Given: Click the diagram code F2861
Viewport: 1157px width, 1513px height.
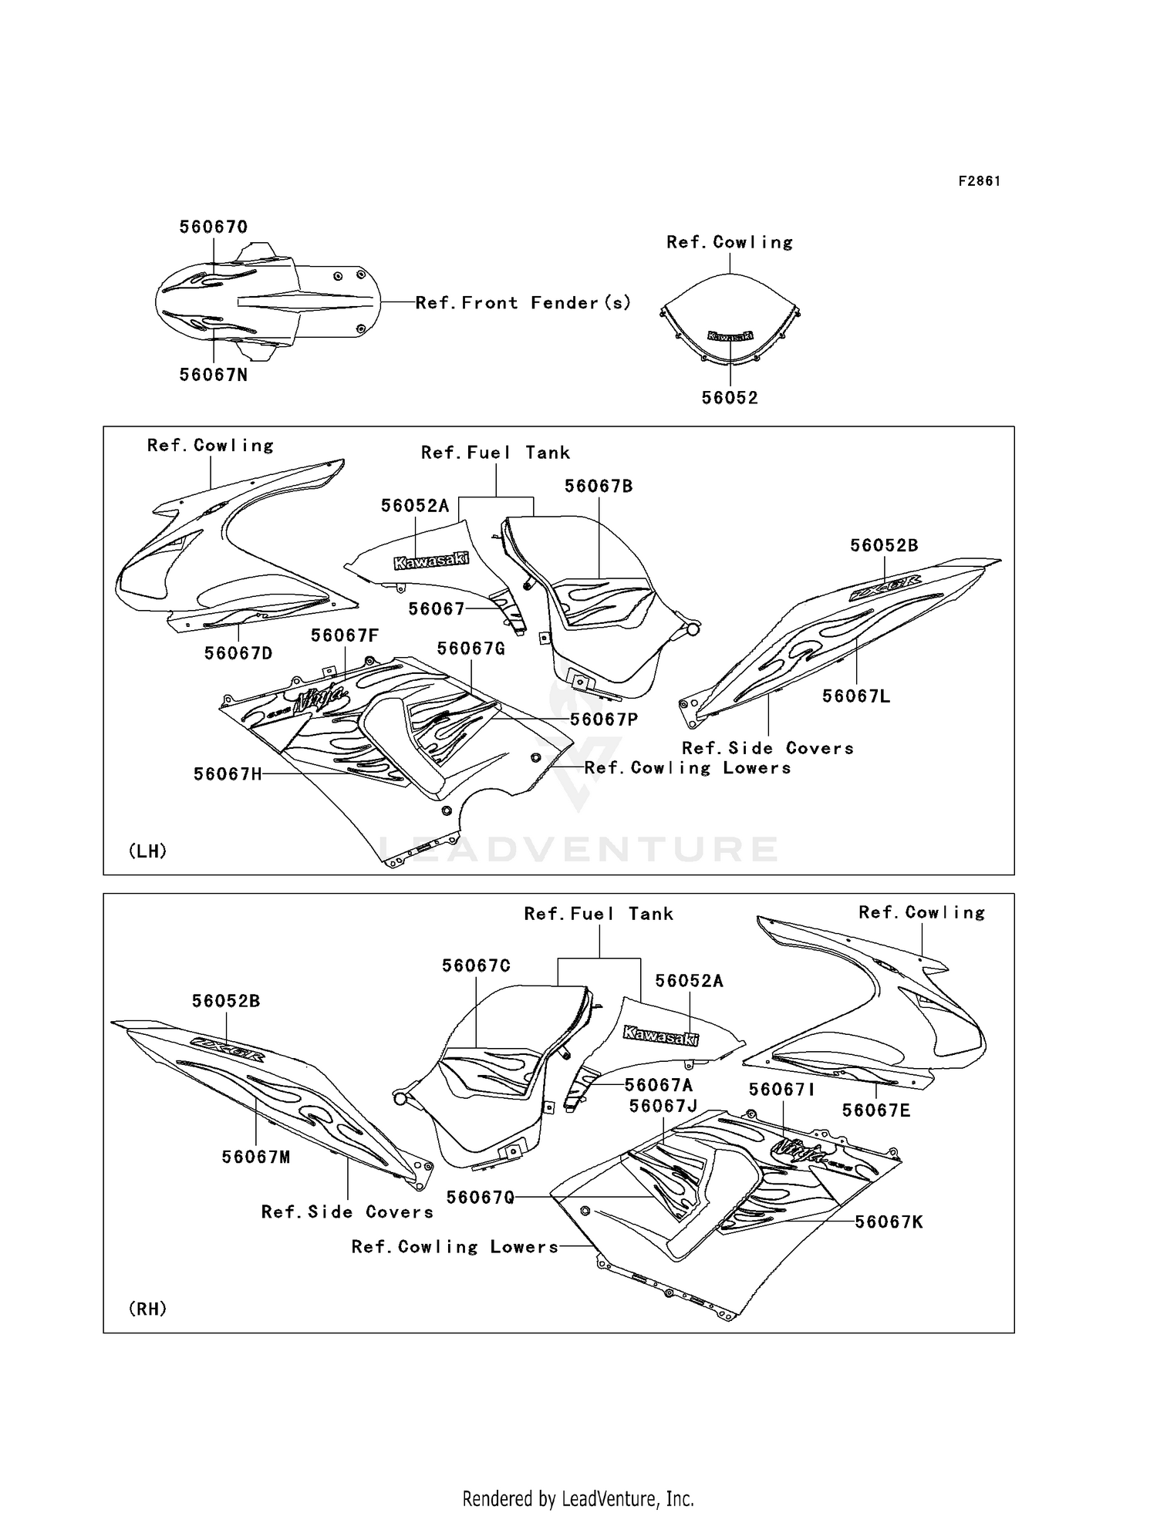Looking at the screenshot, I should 979,181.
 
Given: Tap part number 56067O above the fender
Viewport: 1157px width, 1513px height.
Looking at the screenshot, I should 214,227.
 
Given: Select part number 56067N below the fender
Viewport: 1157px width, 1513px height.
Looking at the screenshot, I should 214,375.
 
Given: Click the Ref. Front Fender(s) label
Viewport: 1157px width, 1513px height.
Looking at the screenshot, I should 523,303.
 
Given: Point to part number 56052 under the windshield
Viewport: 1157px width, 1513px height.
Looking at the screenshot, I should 730,398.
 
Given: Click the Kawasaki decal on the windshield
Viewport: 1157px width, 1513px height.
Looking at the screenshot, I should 730,336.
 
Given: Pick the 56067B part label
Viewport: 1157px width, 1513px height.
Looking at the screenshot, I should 599,487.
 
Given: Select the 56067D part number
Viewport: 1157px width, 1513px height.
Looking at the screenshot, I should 238,653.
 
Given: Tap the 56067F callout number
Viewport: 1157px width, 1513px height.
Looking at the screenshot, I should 345,635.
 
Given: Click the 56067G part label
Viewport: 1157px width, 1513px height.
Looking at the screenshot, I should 471,649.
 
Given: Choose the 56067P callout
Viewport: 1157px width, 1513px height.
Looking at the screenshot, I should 604,719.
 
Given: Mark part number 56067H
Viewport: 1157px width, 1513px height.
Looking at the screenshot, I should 228,773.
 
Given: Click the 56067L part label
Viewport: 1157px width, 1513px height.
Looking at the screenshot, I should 856,696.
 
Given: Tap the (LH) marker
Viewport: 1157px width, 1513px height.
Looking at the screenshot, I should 147,851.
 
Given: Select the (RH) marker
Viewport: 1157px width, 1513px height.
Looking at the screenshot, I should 147,1309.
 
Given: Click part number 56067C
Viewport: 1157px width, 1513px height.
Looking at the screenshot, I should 476,966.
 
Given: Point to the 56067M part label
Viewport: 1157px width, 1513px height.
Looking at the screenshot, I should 256,1157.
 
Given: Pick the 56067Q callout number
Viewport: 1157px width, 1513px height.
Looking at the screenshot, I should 481,1197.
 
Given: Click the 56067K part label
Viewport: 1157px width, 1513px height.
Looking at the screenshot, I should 889,1222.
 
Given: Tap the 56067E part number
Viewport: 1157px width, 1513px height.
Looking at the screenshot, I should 876,1110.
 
